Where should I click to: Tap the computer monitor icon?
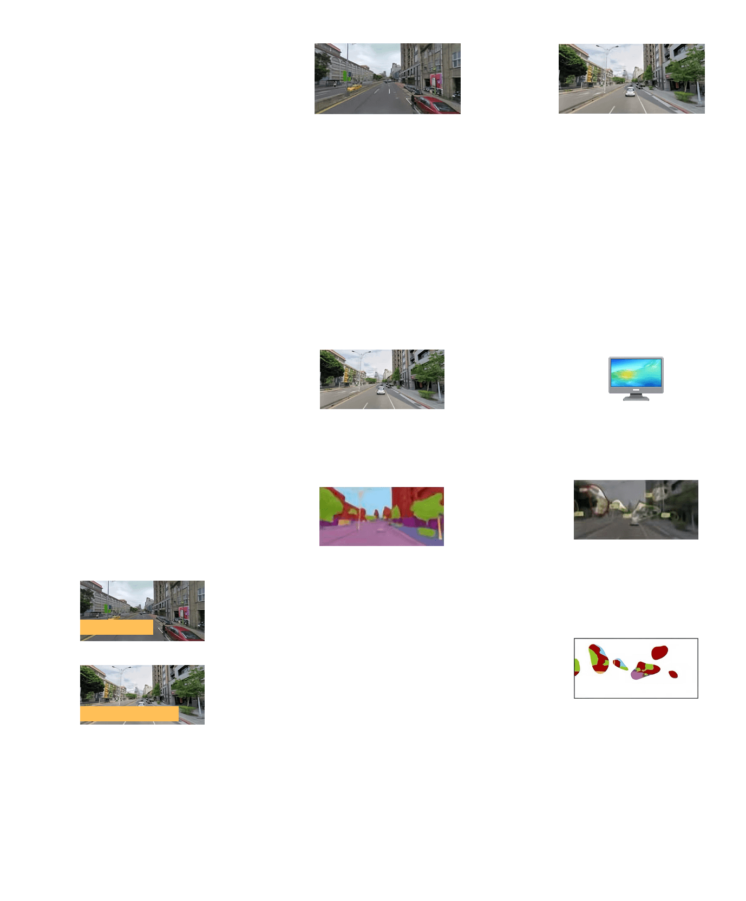(x=636, y=378)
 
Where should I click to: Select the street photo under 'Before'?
(x=388, y=78)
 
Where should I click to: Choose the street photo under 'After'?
(x=631, y=78)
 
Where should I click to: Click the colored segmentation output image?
(x=381, y=516)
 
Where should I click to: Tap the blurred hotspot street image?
(x=636, y=510)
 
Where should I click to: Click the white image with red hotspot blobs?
(x=636, y=668)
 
